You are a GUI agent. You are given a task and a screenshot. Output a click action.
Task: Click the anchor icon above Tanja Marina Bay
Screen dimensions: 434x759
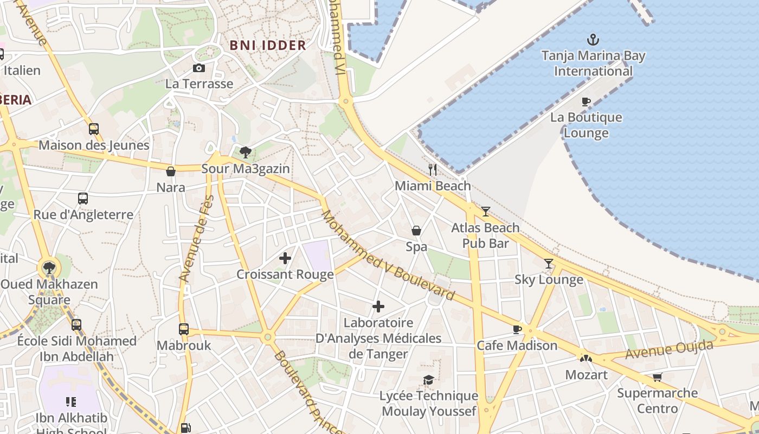593,40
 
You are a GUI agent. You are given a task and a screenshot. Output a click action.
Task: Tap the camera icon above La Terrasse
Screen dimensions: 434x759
199,68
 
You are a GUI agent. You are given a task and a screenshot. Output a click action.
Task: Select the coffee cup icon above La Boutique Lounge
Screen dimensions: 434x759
586,101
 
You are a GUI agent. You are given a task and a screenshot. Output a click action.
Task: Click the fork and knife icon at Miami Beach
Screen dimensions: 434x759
432,169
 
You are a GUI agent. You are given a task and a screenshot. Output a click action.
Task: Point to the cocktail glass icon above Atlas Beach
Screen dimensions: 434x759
485,211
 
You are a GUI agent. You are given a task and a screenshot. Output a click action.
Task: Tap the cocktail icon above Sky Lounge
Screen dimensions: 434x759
549,263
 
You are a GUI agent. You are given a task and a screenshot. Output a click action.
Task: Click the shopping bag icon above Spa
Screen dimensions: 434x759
416,231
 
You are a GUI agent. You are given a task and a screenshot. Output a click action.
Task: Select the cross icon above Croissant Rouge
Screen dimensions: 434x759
285,258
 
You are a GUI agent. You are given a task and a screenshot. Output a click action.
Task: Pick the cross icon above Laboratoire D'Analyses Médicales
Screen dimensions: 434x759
378,307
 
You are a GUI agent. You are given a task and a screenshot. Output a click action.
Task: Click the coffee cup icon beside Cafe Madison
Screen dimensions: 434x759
517,329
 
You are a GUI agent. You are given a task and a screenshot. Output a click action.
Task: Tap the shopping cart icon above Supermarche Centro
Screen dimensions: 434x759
657,377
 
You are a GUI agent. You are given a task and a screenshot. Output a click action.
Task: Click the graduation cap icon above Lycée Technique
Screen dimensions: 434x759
428,380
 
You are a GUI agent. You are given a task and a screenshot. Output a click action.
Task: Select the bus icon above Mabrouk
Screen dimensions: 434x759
184,329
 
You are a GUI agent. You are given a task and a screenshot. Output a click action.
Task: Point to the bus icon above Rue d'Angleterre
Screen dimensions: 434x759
82,199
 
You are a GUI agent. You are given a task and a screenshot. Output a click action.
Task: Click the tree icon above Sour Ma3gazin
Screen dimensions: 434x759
245,152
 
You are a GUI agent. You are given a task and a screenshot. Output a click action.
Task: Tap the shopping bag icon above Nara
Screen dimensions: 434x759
171,171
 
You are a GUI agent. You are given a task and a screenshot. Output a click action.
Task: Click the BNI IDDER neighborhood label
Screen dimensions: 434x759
268,45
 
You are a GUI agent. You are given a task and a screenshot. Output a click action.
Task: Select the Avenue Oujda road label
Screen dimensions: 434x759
669,349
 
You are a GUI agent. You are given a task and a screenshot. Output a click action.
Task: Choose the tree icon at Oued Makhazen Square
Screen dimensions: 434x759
49,267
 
